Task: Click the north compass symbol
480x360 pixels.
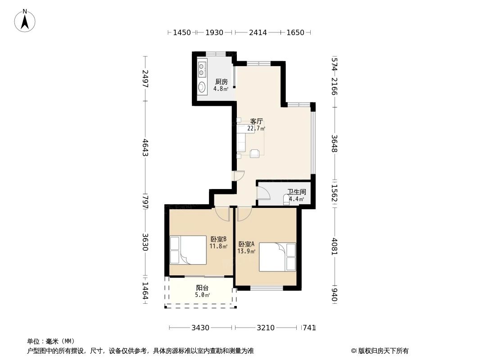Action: click(25, 21)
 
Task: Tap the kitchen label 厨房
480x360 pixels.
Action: click(221, 82)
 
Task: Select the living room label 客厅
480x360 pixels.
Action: click(256, 121)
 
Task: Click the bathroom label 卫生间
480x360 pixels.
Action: click(297, 192)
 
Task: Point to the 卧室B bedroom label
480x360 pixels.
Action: click(218, 239)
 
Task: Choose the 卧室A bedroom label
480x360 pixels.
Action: click(246, 244)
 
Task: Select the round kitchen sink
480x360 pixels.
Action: click(202, 87)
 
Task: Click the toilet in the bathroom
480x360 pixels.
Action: click(287, 200)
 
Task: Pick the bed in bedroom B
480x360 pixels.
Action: click(188, 250)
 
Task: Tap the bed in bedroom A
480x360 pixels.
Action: click(277, 257)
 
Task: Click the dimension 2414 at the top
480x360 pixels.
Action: click(258, 32)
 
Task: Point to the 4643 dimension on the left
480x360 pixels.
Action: click(145, 148)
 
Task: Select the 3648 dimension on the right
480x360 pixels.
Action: click(334, 143)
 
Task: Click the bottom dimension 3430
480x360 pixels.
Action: click(200, 328)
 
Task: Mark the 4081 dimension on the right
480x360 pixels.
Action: click(334, 246)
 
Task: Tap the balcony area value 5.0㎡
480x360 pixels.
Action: click(202, 295)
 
